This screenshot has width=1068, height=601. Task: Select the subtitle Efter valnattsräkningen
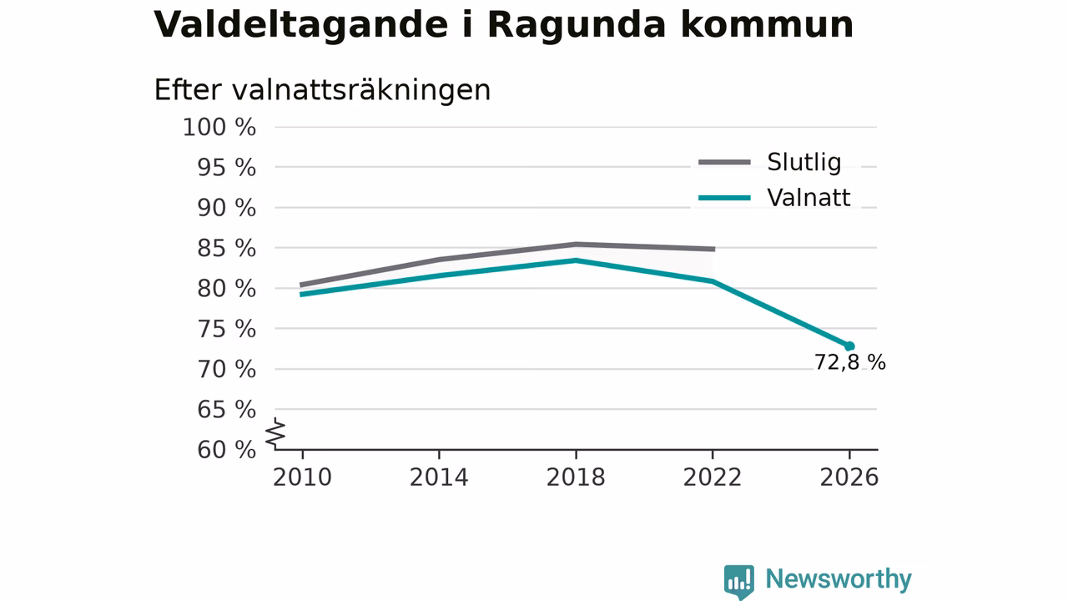[322, 91]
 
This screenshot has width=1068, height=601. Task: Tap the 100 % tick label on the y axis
[219, 128]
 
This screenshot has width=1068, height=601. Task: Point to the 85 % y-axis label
[226, 249]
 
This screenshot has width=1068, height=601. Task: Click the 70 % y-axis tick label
[226, 370]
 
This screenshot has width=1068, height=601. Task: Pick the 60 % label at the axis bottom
[226, 450]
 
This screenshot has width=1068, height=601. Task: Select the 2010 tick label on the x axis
[302, 477]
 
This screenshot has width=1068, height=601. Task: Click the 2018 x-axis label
[576, 477]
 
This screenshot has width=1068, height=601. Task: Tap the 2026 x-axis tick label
[849, 477]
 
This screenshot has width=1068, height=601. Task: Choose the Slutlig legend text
[804, 162]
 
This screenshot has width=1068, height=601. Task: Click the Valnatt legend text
[809, 198]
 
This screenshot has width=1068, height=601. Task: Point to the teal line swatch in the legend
[725, 198]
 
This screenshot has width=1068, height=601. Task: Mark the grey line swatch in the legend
[725, 162]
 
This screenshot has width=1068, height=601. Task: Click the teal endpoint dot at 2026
[849, 346]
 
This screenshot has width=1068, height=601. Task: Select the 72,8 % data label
[849, 362]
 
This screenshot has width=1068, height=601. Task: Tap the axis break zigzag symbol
[275, 433]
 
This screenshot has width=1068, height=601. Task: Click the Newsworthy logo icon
[739, 581]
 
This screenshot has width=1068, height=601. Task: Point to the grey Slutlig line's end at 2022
[715, 249]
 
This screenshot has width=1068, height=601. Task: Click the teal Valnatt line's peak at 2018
[576, 260]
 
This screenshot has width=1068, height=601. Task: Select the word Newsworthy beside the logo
[839, 579]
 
